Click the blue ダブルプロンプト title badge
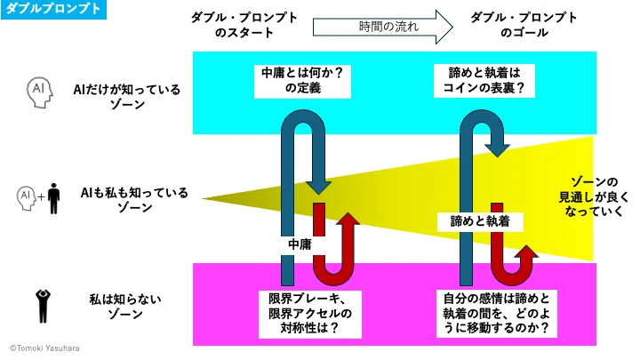pyautogui.click(x=53, y=10)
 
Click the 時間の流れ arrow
pyautogui.click(x=383, y=27)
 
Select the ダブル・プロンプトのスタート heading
pyautogui.click(x=244, y=25)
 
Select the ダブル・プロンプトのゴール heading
pyautogui.click(x=524, y=25)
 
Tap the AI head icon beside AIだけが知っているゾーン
pyautogui.click(x=40, y=92)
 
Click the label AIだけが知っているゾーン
pyautogui.click(x=127, y=97)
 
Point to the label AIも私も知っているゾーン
pyautogui.click(x=134, y=200)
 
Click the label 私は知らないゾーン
pyautogui.click(x=125, y=307)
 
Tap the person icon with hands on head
pyautogui.click(x=43, y=306)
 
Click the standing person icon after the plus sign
pyautogui.click(x=53, y=198)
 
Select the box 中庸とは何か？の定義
pyautogui.click(x=302, y=81)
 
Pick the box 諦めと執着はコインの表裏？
pyautogui.click(x=484, y=81)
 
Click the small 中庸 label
pyautogui.click(x=300, y=244)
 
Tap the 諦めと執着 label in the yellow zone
pyautogui.click(x=480, y=221)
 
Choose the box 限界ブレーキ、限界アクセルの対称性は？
pyautogui.click(x=310, y=314)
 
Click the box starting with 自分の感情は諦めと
pyautogui.click(x=496, y=314)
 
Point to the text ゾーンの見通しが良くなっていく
pyautogui.click(x=594, y=196)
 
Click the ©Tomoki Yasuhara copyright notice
pyautogui.click(x=44, y=348)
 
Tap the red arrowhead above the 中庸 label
pyautogui.click(x=348, y=219)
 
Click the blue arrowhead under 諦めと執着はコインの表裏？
pyautogui.click(x=497, y=150)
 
